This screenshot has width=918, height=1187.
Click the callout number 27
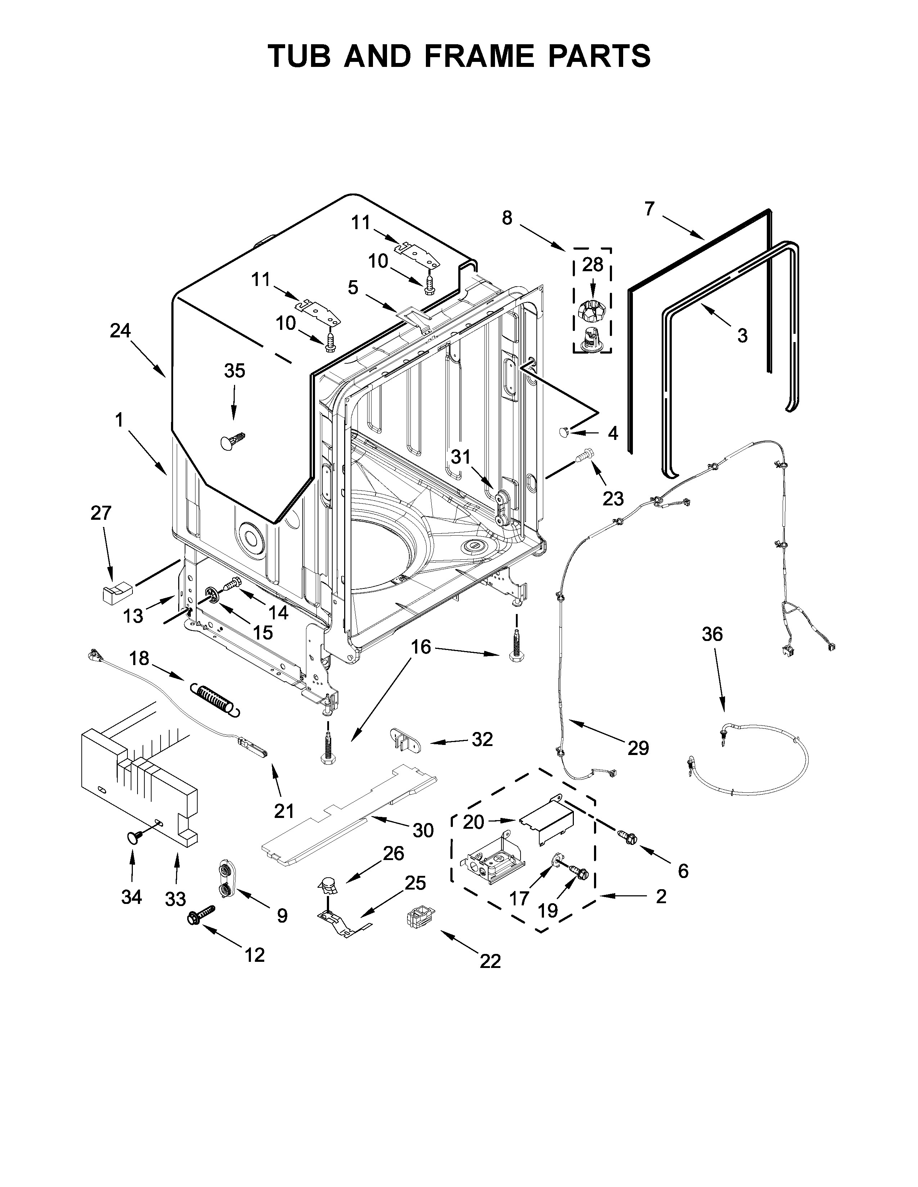[x=101, y=513]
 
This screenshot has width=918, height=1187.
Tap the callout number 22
[x=490, y=961]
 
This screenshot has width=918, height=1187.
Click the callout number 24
[x=120, y=331]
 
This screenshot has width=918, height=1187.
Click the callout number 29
[x=638, y=749]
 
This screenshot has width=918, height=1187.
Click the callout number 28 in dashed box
[x=592, y=265]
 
